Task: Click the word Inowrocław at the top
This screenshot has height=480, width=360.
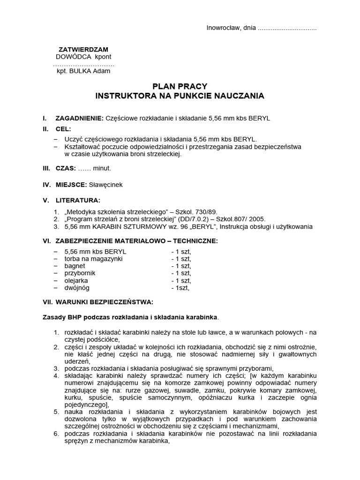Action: click(223, 28)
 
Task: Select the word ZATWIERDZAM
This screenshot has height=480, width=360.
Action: click(83, 49)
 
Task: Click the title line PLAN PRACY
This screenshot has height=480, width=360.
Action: click(180, 87)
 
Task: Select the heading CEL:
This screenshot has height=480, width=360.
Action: click(64, 129)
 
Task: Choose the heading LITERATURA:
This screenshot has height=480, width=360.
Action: click(78, 201)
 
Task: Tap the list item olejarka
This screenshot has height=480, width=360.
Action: click(76, 280)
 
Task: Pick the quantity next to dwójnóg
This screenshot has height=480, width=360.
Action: click(180, 288)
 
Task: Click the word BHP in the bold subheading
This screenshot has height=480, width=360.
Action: click(73, 317)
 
